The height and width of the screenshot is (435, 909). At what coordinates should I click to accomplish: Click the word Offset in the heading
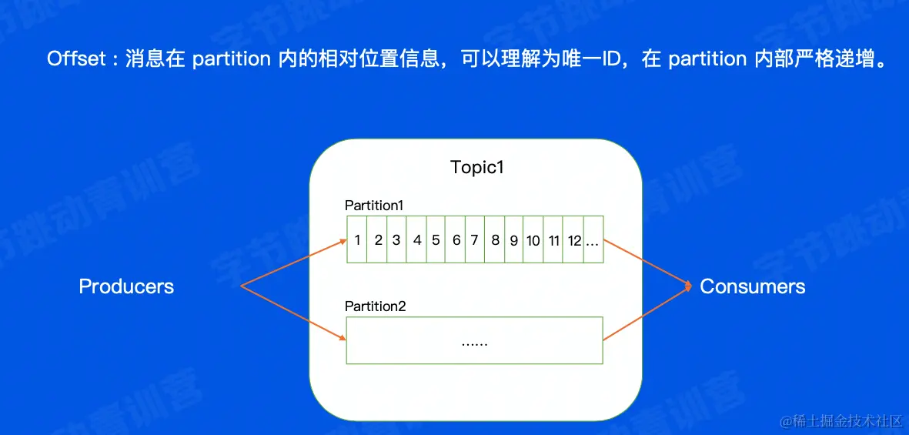[x=77, y=59]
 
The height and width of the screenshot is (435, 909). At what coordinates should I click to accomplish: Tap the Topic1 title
[x=478, y=167]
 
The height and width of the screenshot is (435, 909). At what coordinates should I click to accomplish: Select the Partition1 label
[x=373, y=206]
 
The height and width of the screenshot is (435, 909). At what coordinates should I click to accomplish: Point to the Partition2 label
[x=375, y=306]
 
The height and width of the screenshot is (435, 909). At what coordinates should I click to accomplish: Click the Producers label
[x=126, y=286]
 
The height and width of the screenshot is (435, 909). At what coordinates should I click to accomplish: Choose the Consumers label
[x=753, y=286]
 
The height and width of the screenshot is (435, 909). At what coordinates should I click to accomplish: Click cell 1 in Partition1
[x=358, y=239]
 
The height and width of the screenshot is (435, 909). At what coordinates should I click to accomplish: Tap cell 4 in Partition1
[x=417, y=239]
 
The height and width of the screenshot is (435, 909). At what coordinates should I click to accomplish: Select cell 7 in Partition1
[x=475, y=239]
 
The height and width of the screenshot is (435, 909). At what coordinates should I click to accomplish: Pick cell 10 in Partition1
[x=533, y=239]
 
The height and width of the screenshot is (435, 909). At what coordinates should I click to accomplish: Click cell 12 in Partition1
[x=574, y=239]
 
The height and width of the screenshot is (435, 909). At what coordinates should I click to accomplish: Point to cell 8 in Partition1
[x=495, y=239]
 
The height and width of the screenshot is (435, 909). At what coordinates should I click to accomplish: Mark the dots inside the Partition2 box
[x=474, y=343]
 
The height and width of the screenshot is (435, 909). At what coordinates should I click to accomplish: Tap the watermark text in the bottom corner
[x=841, y=420]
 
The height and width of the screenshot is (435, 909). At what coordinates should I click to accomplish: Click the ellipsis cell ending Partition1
[x=593, y=239]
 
